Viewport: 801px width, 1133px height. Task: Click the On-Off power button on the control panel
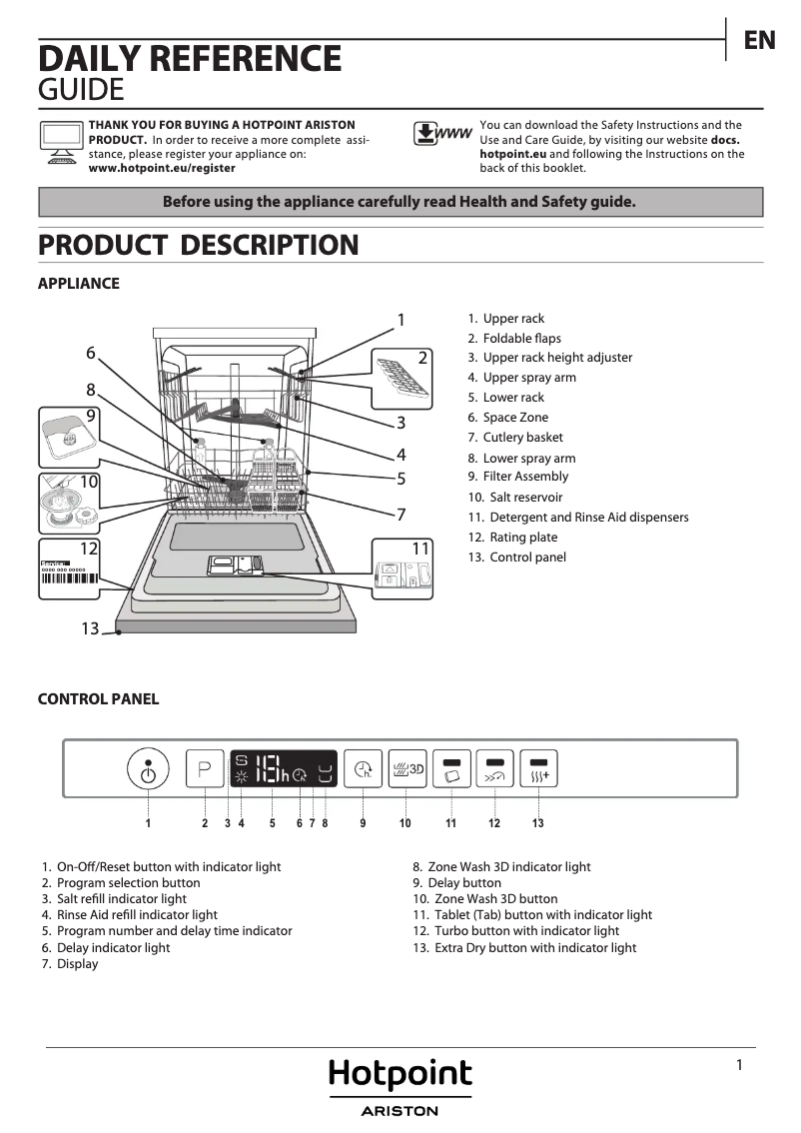(x=148, y=770)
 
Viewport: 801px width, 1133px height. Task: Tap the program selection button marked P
(x=205, y=769)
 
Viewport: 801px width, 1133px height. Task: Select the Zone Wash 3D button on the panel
(x=407, y=769)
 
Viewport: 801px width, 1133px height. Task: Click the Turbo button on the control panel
(x=495, y=769)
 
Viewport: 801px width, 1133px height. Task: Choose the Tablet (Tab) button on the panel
(x=451, y=769)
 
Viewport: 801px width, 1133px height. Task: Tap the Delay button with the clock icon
(x=363, y=769)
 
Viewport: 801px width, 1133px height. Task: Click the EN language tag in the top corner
(x=759, y=40)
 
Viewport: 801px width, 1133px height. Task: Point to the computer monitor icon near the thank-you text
(x=61, y=141)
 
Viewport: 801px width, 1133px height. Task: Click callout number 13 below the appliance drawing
(x=90, y=628)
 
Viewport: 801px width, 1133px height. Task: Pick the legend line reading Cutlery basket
(x=522, y=437)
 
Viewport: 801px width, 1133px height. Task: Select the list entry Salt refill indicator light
(x=121, y=898)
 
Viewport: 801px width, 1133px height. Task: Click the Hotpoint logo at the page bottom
(x=400, y=1076)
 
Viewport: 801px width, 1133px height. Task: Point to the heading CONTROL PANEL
(x=98, y=699)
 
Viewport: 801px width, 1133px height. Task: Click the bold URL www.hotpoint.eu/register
(x=162, y=168)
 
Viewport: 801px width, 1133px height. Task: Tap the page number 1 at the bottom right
(x=739, y=1065)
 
